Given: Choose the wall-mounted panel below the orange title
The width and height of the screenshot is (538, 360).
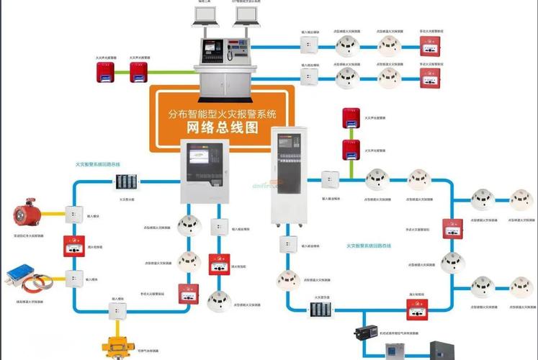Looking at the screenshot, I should (x=204, y=171).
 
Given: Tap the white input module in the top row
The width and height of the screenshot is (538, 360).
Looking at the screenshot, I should (x=310, y=46).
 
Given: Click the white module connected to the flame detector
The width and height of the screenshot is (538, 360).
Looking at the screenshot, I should (x=72, y=215).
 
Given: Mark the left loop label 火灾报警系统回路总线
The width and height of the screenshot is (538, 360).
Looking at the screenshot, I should (x=103, y=164).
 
